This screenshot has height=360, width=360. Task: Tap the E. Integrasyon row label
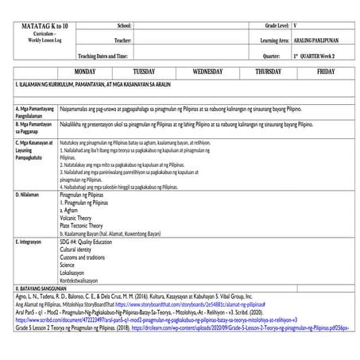pyautogui.click(x=33, y=239)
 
